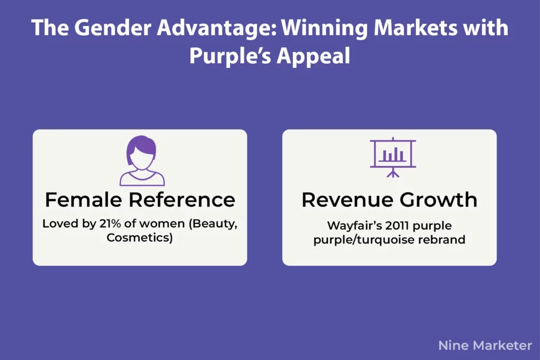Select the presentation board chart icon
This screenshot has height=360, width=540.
coord(393,155)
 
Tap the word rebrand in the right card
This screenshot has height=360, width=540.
coord(446,240)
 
